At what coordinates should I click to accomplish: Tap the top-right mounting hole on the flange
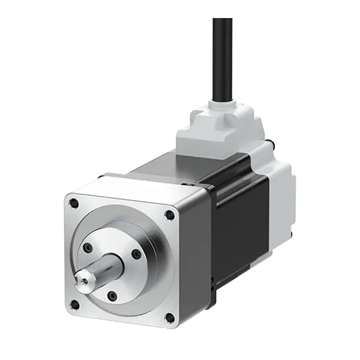click(170, 215)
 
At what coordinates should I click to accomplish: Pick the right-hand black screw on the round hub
click(136, 255)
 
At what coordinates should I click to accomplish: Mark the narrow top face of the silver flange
click(138, 184)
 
